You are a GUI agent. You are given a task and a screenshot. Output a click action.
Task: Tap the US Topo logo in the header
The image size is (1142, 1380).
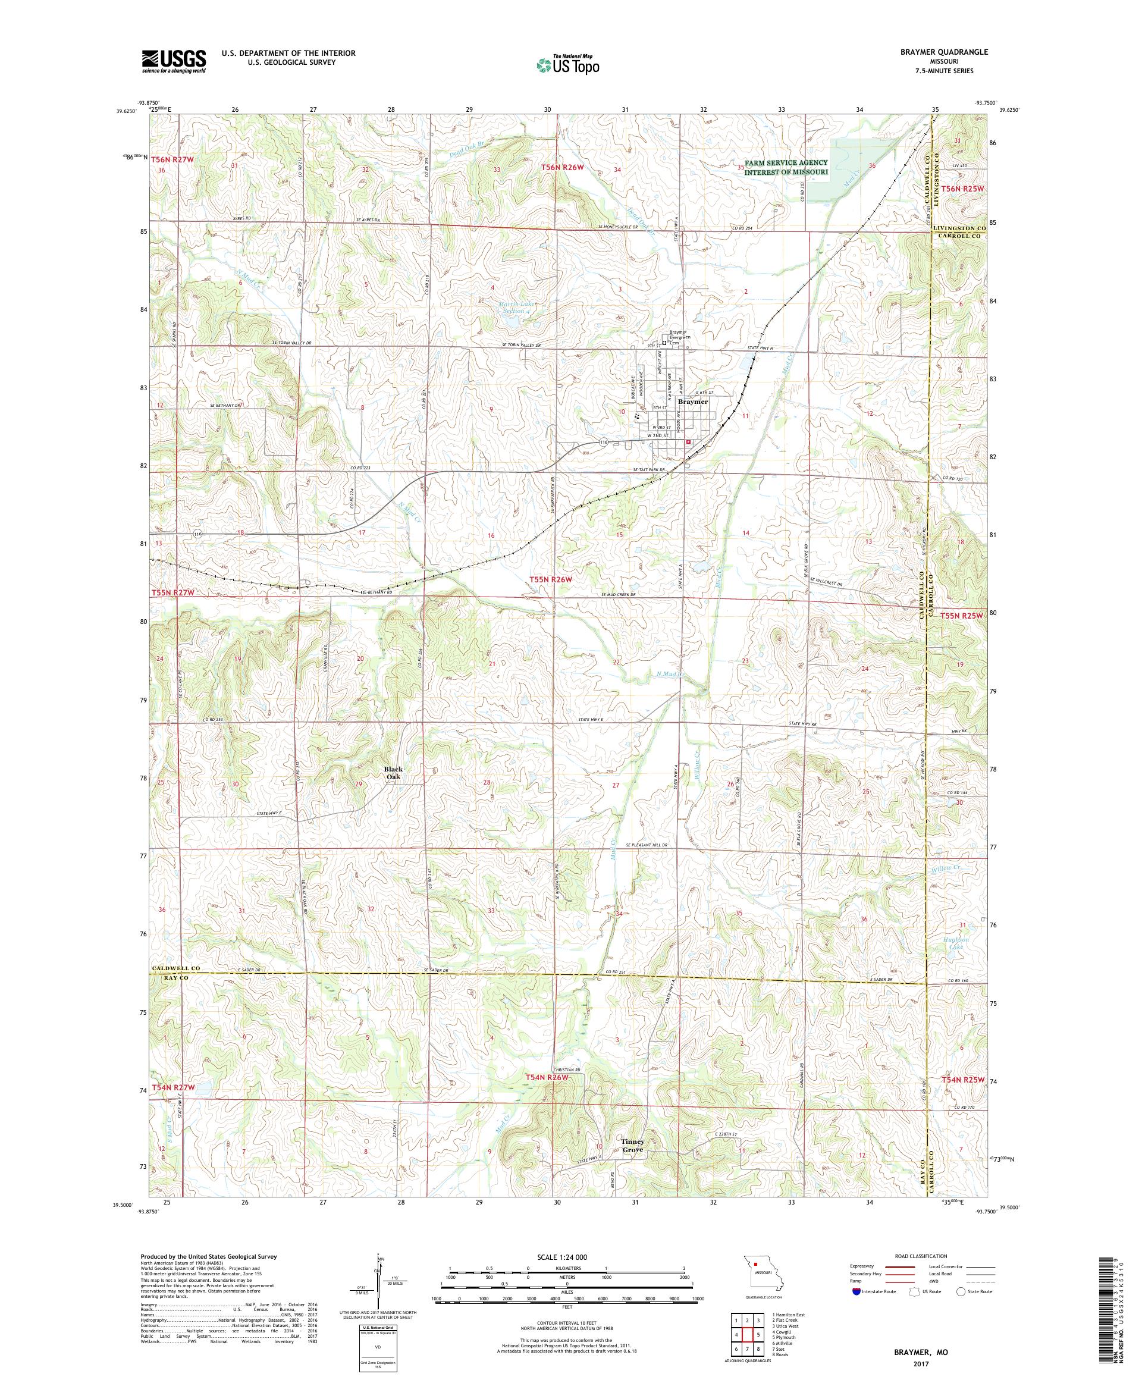pos(569,64)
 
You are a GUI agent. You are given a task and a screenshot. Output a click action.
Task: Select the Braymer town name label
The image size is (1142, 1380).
pos(692,401)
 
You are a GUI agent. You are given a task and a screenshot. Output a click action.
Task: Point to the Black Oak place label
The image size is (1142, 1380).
pos(394,773)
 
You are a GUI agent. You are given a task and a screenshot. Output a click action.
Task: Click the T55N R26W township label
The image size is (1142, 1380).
pos(551,579)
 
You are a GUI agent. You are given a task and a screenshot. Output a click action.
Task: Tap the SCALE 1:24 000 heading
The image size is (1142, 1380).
pos(567,1256)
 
